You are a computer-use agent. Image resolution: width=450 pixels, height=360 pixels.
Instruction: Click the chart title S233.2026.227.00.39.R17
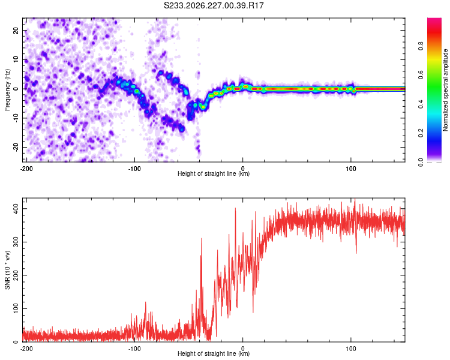tap(214, 5)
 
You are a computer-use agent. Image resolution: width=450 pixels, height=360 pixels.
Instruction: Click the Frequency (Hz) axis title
tap(7, 90)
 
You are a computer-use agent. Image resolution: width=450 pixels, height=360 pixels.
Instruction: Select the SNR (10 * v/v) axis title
tap(7, 270)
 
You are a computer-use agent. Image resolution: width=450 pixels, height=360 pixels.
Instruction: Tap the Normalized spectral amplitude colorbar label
tap(445, 90)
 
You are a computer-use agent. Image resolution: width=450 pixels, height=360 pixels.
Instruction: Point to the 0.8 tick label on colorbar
tap(421, 46)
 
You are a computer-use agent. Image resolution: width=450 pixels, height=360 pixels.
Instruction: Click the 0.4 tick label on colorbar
tap(421, 104)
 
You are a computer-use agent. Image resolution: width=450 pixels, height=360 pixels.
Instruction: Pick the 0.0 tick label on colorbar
tap(421, 163)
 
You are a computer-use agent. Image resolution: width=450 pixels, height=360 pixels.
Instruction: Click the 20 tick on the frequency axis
tap(16, 31)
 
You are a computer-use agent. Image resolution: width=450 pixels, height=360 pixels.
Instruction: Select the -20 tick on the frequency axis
tap(16, 148)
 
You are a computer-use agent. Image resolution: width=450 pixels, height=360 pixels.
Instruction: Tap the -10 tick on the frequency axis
tap(16, 118)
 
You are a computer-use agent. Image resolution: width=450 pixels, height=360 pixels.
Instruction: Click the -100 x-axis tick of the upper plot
tap(134, 169)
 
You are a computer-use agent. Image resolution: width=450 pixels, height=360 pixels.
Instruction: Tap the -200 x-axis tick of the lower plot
tap(26, 349)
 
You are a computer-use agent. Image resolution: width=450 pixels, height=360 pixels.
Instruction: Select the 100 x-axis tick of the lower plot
tap(351, 349)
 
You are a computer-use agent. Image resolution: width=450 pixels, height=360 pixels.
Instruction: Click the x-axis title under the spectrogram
tap(214, 173)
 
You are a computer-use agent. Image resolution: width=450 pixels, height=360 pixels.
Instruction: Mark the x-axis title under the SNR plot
tap(214, 353)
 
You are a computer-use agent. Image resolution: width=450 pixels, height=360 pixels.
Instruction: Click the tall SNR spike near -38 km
tap(202, 239)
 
